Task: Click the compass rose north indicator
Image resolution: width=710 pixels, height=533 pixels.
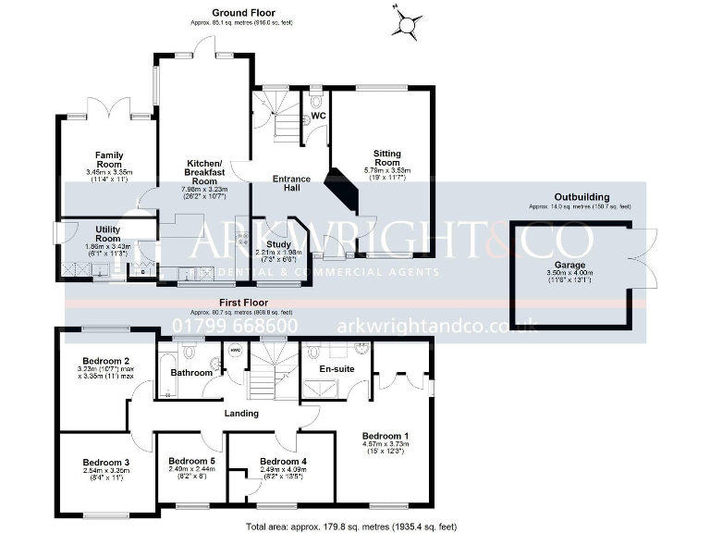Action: (x=407, y=21)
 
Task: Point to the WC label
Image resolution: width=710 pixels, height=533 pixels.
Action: (x=317, y=116)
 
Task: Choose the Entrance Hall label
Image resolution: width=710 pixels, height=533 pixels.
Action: (x=291, y=183)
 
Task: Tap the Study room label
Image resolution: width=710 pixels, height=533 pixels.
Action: (x=278, y=244)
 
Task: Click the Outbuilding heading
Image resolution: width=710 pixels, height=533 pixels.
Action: (x=581, y=197)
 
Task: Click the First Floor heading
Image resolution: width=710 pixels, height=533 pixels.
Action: (x=243, y=303)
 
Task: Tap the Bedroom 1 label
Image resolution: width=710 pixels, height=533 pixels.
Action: (x=385, y=436)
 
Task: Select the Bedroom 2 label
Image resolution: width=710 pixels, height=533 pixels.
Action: (x=104, y=361)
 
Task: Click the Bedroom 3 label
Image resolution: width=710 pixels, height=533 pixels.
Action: (x=104, y=462)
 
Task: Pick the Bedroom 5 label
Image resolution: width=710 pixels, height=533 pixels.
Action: (x=191, y=461)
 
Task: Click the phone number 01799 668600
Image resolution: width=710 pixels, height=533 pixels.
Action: (x=235, y=326)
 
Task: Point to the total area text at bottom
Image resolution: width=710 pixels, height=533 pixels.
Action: (x=350, y=526)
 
